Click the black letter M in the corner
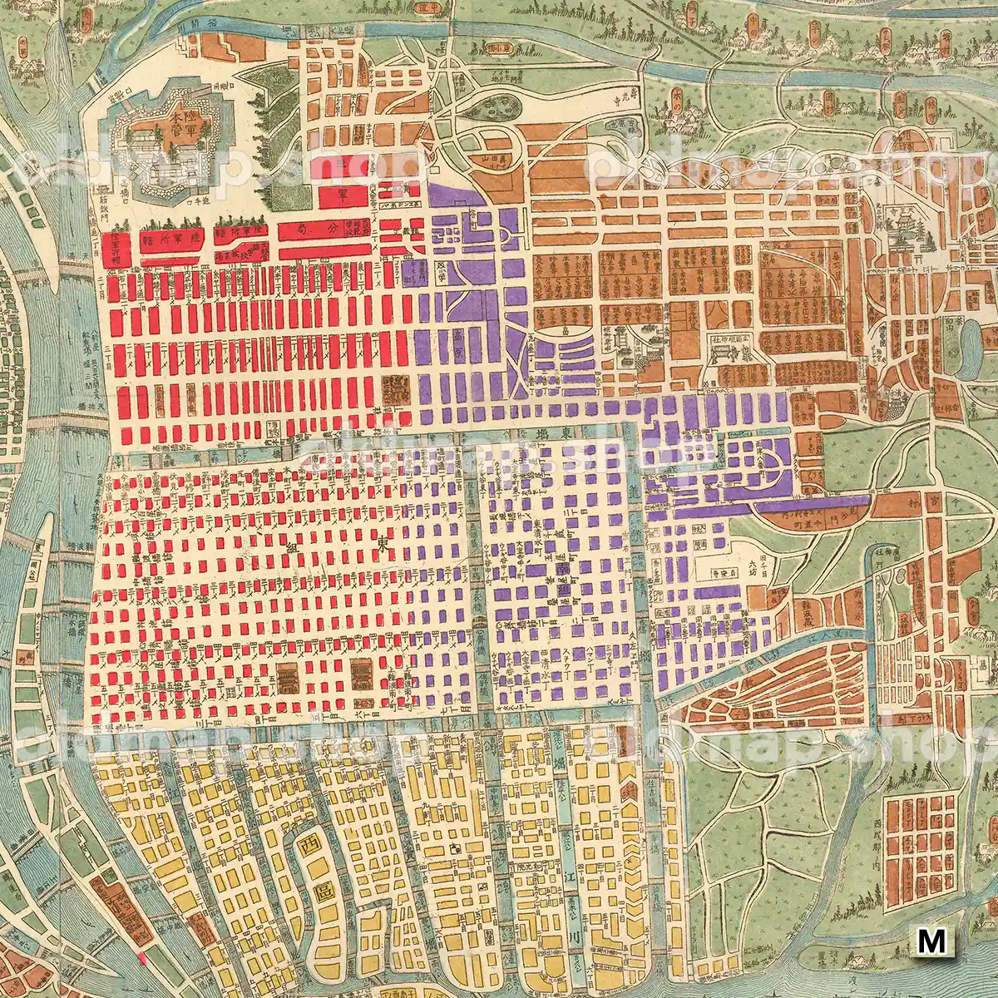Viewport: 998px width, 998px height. pyautogui.click(x=932, y=941)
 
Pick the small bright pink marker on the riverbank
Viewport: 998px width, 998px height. pyautogui.click(x=142, y=957)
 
